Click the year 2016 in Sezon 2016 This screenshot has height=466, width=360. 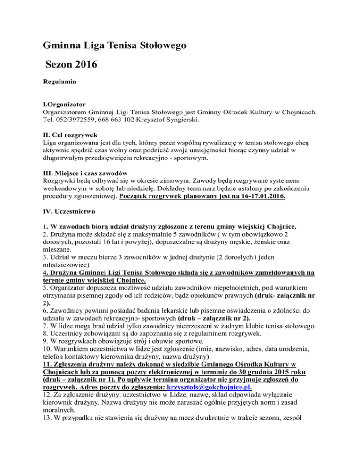coord(83,65)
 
